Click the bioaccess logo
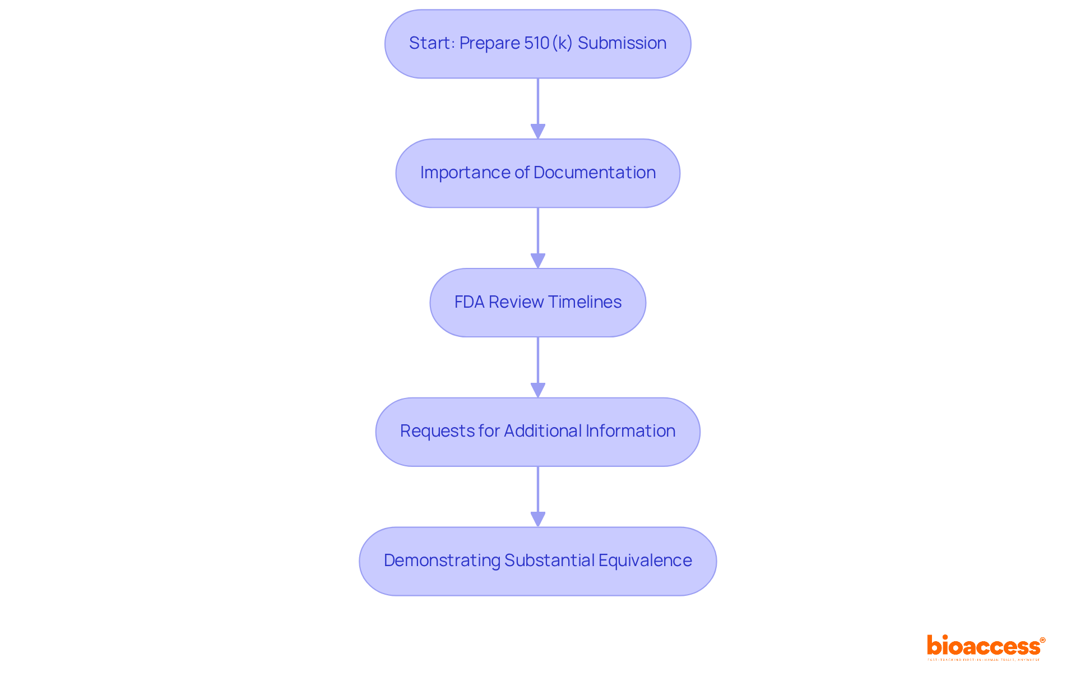(985, 646)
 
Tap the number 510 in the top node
(536, 43)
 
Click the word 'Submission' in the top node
(622, 43)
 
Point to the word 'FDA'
(469, 302)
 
